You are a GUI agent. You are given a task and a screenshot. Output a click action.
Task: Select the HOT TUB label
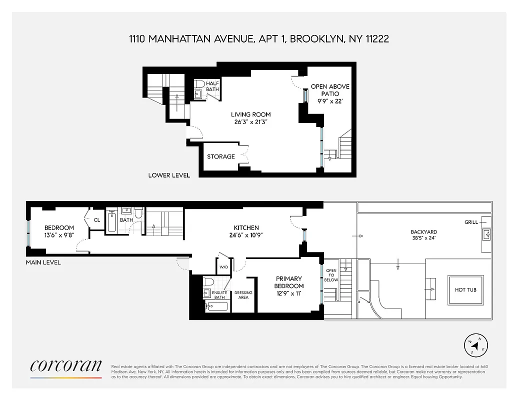tap(465, 290)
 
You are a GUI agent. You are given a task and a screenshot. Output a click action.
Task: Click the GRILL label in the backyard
tap(471, 222)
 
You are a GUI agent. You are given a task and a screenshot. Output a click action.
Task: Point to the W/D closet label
tap(222, 266)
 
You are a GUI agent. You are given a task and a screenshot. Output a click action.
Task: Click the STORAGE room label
tap(221, 156)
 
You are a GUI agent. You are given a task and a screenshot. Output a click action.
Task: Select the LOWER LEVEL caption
tap(169, 175)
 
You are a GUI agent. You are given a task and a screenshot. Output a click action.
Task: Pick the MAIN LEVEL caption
tap(43, 262)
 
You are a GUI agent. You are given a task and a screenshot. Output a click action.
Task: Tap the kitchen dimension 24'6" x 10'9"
tap(245, 235)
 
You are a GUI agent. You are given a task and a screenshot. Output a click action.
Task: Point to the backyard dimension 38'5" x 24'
tap(423, 238)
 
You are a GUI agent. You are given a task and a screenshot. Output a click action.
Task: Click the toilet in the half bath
tap(199, 83)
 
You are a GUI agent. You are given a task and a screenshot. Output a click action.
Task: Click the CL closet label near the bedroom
tap(97, 219)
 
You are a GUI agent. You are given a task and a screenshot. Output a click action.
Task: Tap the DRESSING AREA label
tap(243, 295)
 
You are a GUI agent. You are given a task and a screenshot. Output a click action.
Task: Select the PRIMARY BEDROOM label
tap(289, 282)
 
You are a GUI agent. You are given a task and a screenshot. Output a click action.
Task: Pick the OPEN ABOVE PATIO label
tap(330, 90)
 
